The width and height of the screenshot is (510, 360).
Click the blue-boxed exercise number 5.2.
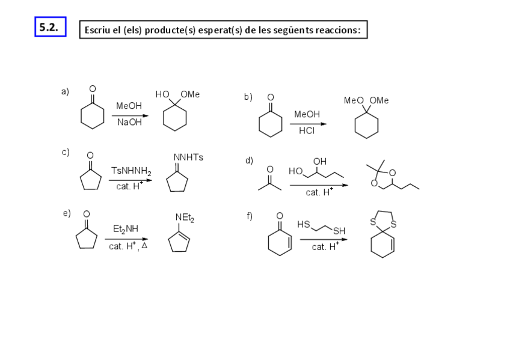49,27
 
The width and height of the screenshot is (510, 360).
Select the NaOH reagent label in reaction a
129,122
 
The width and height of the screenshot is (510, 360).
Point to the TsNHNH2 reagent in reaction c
131,171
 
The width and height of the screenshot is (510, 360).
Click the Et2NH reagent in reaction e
125,228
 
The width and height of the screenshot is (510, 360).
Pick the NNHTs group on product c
188,157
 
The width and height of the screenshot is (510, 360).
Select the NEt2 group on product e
185,217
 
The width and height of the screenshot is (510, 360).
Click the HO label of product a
162,94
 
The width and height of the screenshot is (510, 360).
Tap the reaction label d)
248,160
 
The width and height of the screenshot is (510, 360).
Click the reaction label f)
248,216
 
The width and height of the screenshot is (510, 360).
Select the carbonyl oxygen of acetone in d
269,169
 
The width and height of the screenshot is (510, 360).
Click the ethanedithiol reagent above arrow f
322,227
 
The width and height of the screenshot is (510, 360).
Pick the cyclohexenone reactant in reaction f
280,237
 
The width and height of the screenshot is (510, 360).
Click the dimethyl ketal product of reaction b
366,119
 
